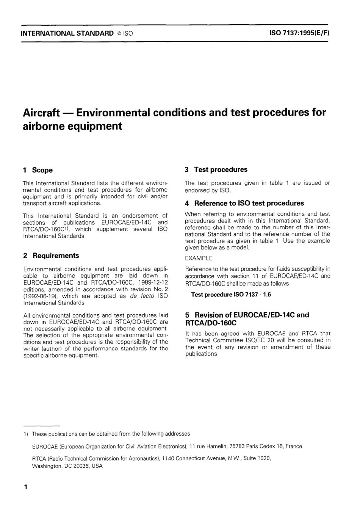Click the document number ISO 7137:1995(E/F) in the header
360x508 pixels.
point(299,33)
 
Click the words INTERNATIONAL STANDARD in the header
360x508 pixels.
point(67,33)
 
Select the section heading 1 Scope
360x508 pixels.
point(38,170)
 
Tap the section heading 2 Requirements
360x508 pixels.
point(51,256)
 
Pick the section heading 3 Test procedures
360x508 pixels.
point(216,170)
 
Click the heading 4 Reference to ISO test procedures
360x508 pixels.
point(244,203)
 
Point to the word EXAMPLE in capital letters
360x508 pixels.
point(199,258)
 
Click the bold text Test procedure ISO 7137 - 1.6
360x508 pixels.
point(231,295)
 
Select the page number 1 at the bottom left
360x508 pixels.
point(26,487)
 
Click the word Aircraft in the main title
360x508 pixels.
point(41,113)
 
